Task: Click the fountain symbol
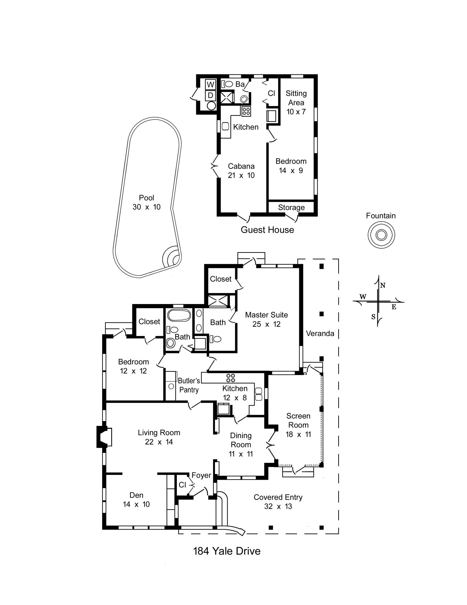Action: tap(381, 235)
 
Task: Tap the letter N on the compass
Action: tap(383, 285)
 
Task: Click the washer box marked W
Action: tap(210, 84)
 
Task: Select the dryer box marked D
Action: tap(210, 95)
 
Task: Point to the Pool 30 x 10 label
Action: tap(146, 202)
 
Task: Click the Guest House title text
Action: tap(267, 230)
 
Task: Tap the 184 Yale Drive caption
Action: tap(226, 551)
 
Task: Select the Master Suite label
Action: tap(266, 319)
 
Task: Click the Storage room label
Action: tap(291, 208)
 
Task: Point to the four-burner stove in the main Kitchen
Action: tap(231, 378)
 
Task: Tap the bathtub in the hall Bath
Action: tap(179, 315)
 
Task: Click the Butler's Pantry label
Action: tap(189, 385)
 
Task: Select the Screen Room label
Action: tap(298, 425)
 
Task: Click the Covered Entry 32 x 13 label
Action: tap(278, 502)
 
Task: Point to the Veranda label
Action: tap(320, 333)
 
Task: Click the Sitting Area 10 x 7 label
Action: tap(296, 102)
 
